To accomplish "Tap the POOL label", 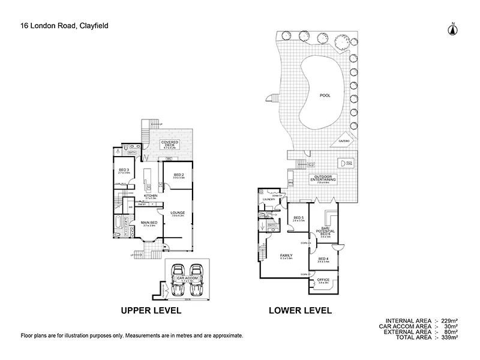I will coord(325,95).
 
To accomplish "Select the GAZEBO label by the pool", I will coord(344,140).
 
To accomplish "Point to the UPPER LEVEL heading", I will coord(151,311).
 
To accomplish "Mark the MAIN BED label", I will coord(149,223).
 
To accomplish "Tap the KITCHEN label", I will coord(150,196).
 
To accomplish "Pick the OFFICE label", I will coord(323,280).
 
